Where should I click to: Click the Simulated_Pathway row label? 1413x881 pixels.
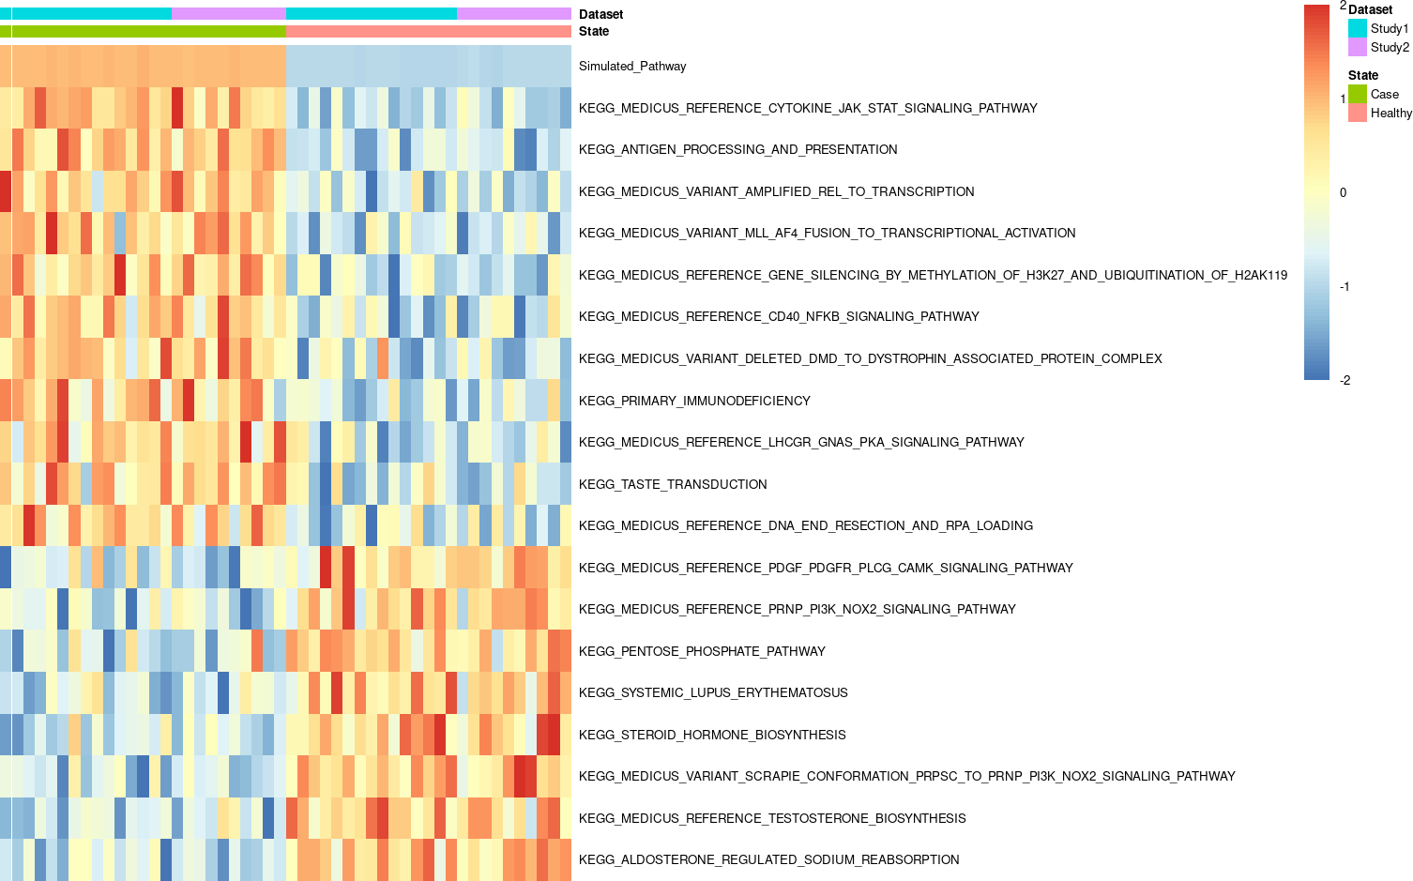631,66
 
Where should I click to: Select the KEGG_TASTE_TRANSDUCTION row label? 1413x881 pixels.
673,484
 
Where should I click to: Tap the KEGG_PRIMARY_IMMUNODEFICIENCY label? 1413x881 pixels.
694,401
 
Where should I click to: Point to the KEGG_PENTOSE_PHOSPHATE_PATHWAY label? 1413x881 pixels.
702,651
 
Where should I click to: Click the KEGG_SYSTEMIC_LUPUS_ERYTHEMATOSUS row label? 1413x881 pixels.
713,692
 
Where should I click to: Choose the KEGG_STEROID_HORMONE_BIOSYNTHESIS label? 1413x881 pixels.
712,735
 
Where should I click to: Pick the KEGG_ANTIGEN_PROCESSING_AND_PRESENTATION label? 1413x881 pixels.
737,149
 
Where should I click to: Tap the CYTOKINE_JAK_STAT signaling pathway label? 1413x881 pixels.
808,108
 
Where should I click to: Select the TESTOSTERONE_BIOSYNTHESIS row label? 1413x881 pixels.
772,818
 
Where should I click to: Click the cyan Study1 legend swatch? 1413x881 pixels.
1357,28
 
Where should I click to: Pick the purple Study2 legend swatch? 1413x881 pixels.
1357,47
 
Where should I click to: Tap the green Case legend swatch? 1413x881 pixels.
1357,94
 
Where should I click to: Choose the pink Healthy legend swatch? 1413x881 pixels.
1357,113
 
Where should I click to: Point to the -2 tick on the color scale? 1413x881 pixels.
1345,380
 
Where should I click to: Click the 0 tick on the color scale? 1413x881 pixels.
1343,192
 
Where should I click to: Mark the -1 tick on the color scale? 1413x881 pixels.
1345,286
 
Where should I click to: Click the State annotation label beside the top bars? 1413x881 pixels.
593,31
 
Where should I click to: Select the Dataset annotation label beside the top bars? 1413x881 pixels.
600,14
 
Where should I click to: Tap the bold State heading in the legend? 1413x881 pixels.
1362,75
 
